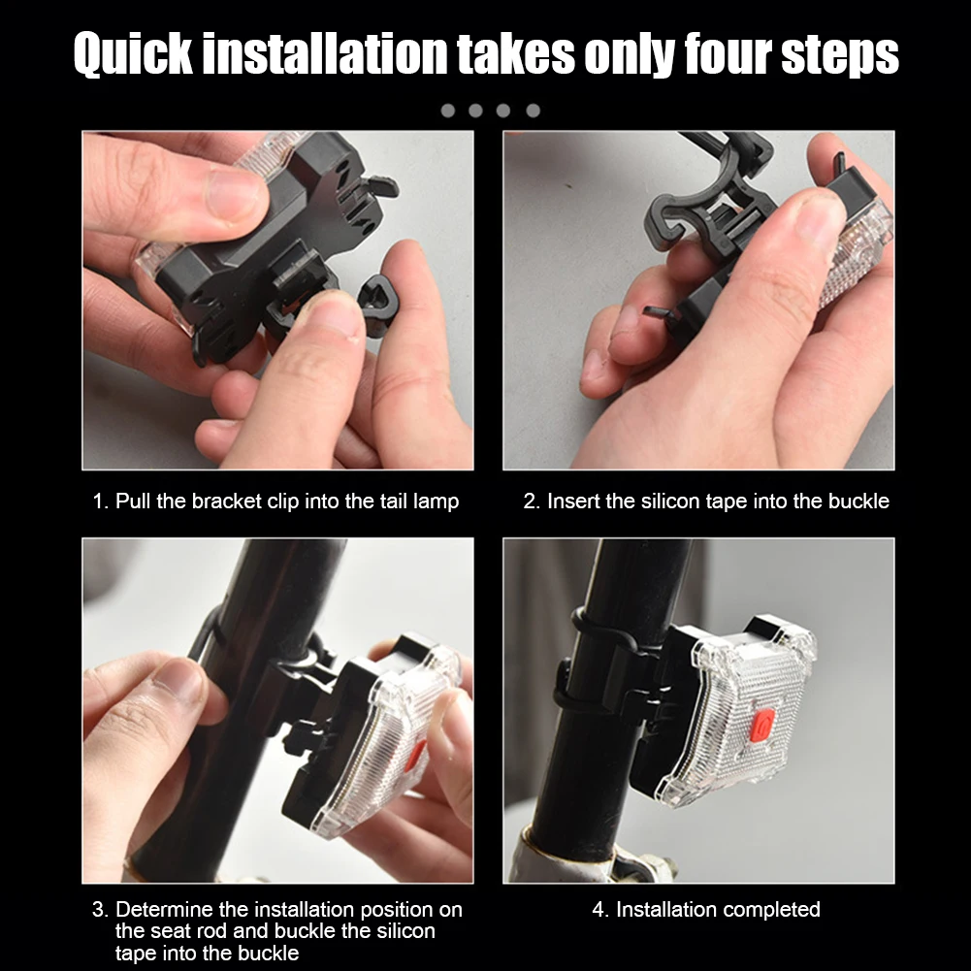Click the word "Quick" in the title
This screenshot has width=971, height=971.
point(133,54)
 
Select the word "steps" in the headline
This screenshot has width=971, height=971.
point(839,56)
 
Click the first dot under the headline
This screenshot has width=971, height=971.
point(448,111)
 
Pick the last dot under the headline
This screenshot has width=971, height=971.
point(534,111)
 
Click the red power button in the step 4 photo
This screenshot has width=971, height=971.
point(761,725)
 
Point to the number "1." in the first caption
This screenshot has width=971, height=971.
point(101,501)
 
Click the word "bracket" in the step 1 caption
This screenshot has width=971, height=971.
point(227,501)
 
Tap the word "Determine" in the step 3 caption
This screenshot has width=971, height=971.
point(164,909)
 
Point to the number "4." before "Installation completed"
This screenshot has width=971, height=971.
point(600,910)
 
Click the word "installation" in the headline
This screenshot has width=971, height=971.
point(325,54)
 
